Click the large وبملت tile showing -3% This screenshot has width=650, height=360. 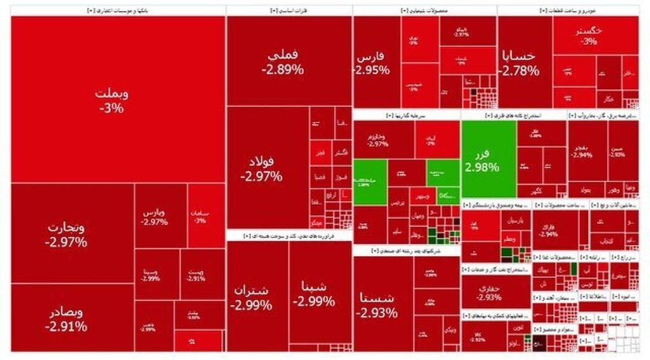tap(112, 100)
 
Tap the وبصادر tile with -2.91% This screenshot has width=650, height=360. tap(66, 320)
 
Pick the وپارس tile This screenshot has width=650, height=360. tap(155, 216)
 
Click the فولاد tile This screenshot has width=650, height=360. tap(262, 168)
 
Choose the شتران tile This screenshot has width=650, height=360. tap(251, 297)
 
